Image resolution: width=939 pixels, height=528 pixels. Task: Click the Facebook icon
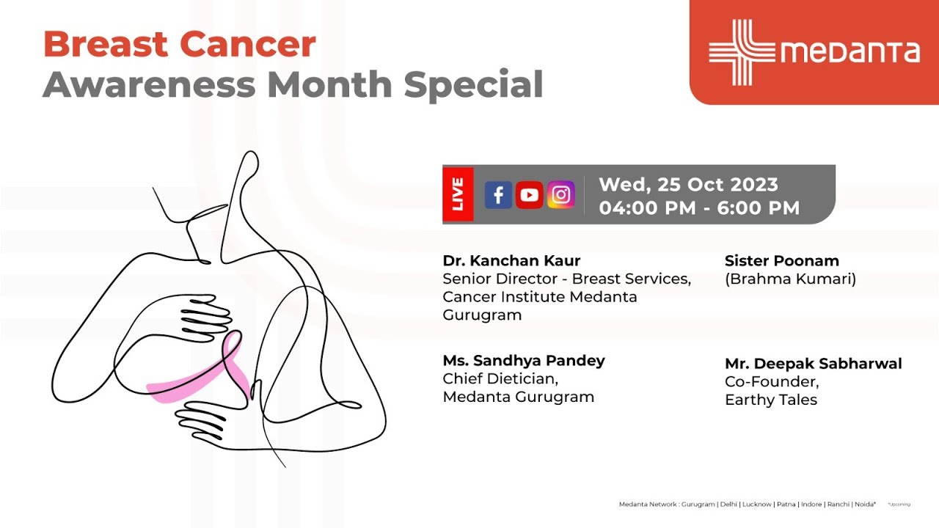pyautogui.click(x=498, y=195)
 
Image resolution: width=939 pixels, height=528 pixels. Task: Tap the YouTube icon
pyautogui.click(x=529, y=195)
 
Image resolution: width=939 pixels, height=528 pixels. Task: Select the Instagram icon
pyautogui.click(x=561, y=195)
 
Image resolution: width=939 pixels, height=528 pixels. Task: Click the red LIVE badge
pyautogui.click(x=458, y=194)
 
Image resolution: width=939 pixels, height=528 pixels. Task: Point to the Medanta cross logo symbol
pyautogui.click(x=742, y=52)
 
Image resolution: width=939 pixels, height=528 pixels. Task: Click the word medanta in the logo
pyautogui.click(x=849, y=52)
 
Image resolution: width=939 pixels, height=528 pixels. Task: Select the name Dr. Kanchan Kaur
pyautogui.click(x=511, y=260)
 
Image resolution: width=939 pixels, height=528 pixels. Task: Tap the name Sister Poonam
pyautogui.click(x=781, y=260)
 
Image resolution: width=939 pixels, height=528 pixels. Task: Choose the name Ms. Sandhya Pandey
pyautogui.click(x=524, y=360)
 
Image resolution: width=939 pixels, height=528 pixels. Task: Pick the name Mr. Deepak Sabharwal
pyautogui.click(x=813, y=364)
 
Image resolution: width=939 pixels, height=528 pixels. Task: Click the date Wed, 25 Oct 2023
pyautogui.click(x=688, y=185)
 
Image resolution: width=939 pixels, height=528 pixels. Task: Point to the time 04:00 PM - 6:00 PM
pyautogui.click(x=699, y=208)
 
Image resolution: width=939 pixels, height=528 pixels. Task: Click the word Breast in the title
pyautogui.click(x=102, y=45)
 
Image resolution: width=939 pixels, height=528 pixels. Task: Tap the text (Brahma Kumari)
pyautogui.click(x=790, y=279)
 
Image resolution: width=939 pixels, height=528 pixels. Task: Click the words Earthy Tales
pyautogui.click(x=770, y=400)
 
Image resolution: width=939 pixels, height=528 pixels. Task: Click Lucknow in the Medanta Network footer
pyautogui.click(x=756, y=505)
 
